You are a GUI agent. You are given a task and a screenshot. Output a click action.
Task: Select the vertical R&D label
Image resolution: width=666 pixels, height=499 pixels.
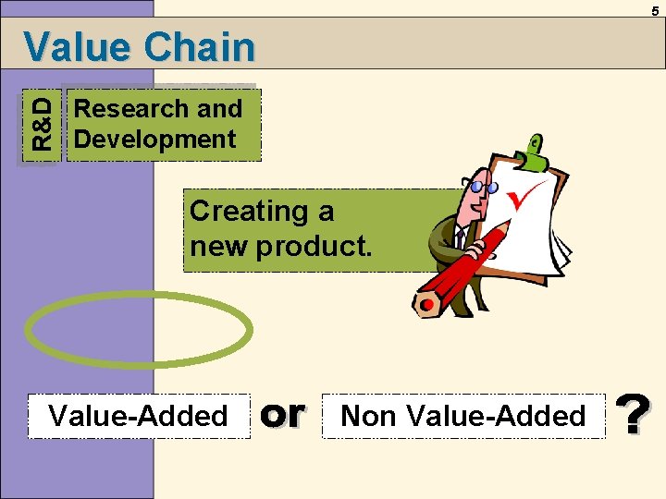(42, 124)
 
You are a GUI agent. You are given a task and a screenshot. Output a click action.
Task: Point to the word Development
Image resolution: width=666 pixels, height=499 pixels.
(154, 140)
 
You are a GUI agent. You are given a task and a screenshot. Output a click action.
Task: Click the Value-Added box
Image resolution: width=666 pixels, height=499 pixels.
(139, 416)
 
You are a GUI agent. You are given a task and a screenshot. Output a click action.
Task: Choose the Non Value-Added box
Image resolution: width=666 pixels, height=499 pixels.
(462, 416)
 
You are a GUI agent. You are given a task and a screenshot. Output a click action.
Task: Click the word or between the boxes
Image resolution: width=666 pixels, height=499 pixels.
(282, 415)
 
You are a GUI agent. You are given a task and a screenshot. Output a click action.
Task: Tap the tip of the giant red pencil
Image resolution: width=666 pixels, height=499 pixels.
(426, 304)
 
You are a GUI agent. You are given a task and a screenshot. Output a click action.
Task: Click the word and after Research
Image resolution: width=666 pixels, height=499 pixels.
(219, 109)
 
